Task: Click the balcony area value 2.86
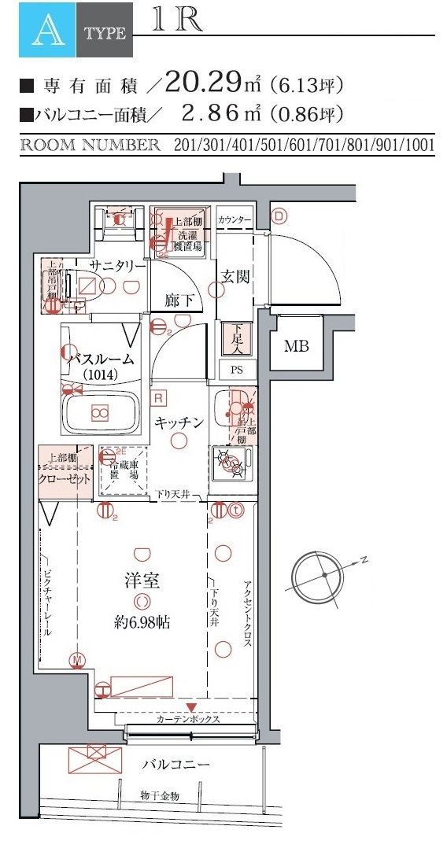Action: [x=210, y=113]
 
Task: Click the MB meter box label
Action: [x=296, y=345]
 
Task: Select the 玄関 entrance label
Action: [x=235, y=277]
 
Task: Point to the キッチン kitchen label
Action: [x=179, y=422]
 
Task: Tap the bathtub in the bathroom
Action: [x=100, y=412]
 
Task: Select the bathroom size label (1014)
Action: [x=100, y=374]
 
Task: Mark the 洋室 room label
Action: [x=142, y=581]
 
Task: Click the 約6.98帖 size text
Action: [x=142, y=621]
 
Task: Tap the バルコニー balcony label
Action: [x=175, y=764]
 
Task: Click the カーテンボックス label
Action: [x=187, y=719]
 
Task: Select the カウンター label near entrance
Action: [x=235, y=219]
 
